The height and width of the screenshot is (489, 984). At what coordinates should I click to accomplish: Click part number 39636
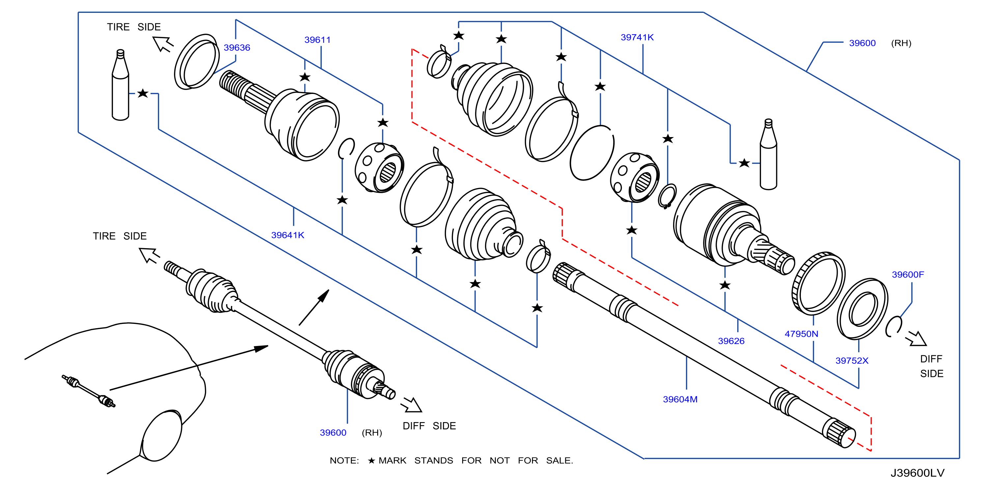pyautogui.click(x=237, y=48)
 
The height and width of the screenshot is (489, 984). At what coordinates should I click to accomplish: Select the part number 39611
pyautogui.click(x=318, y=40)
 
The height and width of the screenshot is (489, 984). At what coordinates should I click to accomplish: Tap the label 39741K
pyautogui.click(x=637, y=38)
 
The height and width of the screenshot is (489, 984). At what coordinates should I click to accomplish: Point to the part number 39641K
pyautogui.click(x=288, y=235)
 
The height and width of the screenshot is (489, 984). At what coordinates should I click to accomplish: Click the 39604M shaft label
pyautogui.click(x=680, y=399)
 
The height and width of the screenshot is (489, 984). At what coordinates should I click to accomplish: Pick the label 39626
pyautogui.click(x=731, y=341)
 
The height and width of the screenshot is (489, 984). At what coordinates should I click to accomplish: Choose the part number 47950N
pyautogui.click(x=801, y=334)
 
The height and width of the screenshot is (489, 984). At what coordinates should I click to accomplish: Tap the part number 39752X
pyautogui.click(x=852, y=360)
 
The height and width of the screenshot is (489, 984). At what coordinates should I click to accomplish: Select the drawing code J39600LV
pyautogui.click(x=917, y=473)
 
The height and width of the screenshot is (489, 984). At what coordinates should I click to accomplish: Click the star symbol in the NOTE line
pyautogui.click(x=371, y=460)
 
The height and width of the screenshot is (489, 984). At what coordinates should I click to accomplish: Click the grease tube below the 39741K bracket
pyautogui.click(x=768, y=154)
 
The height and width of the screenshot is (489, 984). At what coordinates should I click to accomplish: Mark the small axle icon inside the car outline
pyautogui.click(x=88, y=391)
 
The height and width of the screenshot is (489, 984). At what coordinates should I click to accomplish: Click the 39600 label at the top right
pyautogui.click(x=862, y=43)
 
